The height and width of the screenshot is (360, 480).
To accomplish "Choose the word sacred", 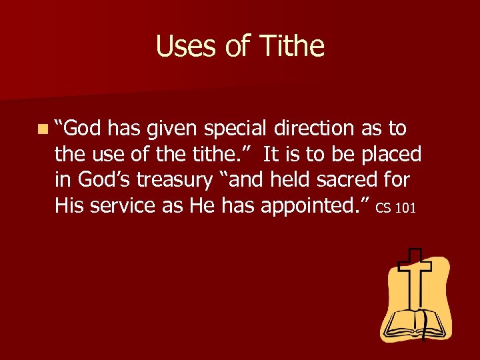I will pyautogui.click(x=351, y=181).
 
